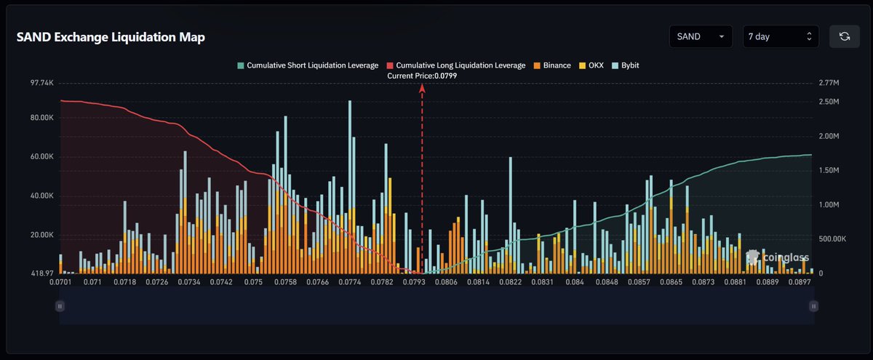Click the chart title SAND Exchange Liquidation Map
(111, 38)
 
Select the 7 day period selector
(780, 36)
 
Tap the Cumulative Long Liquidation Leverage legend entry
(455, 65)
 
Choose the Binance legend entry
(552, 65)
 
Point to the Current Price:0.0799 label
(423, 76)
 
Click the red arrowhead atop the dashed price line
(423, 88)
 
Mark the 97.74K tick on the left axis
(42, 84)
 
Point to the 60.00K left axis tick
(42, 157)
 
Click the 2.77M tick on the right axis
(829, 84)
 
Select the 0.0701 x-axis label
(61, 281)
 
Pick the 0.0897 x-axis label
(801, 281)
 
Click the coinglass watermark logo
(778, 257)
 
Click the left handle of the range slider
(60, 307)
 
